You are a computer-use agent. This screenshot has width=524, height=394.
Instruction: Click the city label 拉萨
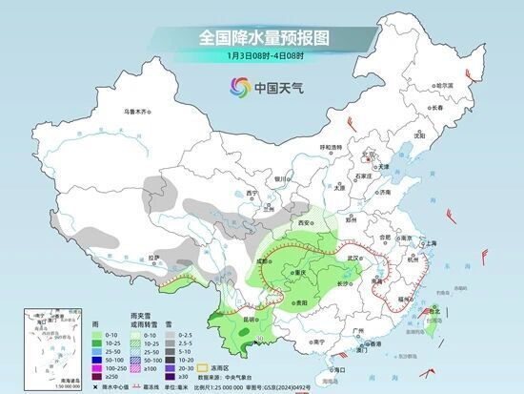pos(155,257)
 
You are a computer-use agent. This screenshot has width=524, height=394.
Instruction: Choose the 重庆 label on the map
pos(303,273)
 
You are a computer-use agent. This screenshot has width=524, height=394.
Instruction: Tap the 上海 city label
pos(429,243)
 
